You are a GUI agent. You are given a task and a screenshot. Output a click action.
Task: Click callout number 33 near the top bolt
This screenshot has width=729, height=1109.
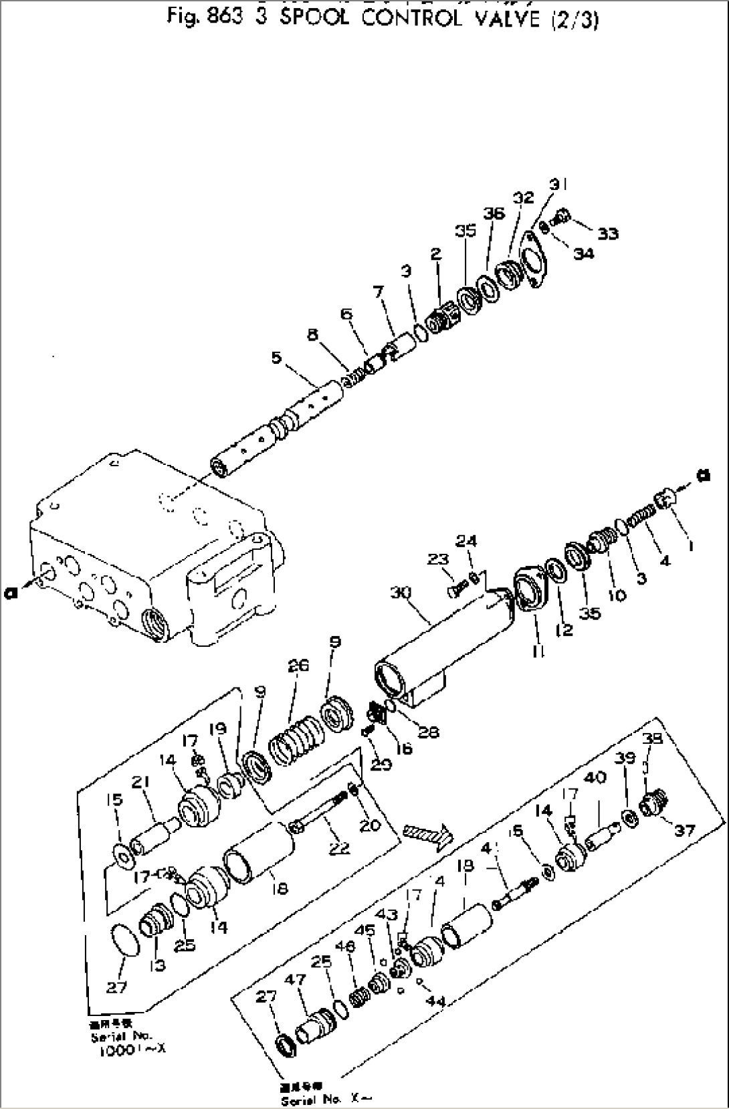pyautogui.click(x=608, y=233)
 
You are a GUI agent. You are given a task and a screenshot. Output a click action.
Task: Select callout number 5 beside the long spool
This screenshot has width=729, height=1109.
pyautogui.click(x=277, y=359)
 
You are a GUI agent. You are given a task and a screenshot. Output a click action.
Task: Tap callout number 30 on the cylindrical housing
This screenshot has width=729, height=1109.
pyautogui.click(x=401, y=593)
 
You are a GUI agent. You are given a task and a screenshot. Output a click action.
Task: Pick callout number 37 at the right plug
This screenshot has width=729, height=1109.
pyautogui.click(x=685, y=831)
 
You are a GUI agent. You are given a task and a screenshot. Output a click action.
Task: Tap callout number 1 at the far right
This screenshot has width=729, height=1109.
pyautogui.click(x=690, y=546)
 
